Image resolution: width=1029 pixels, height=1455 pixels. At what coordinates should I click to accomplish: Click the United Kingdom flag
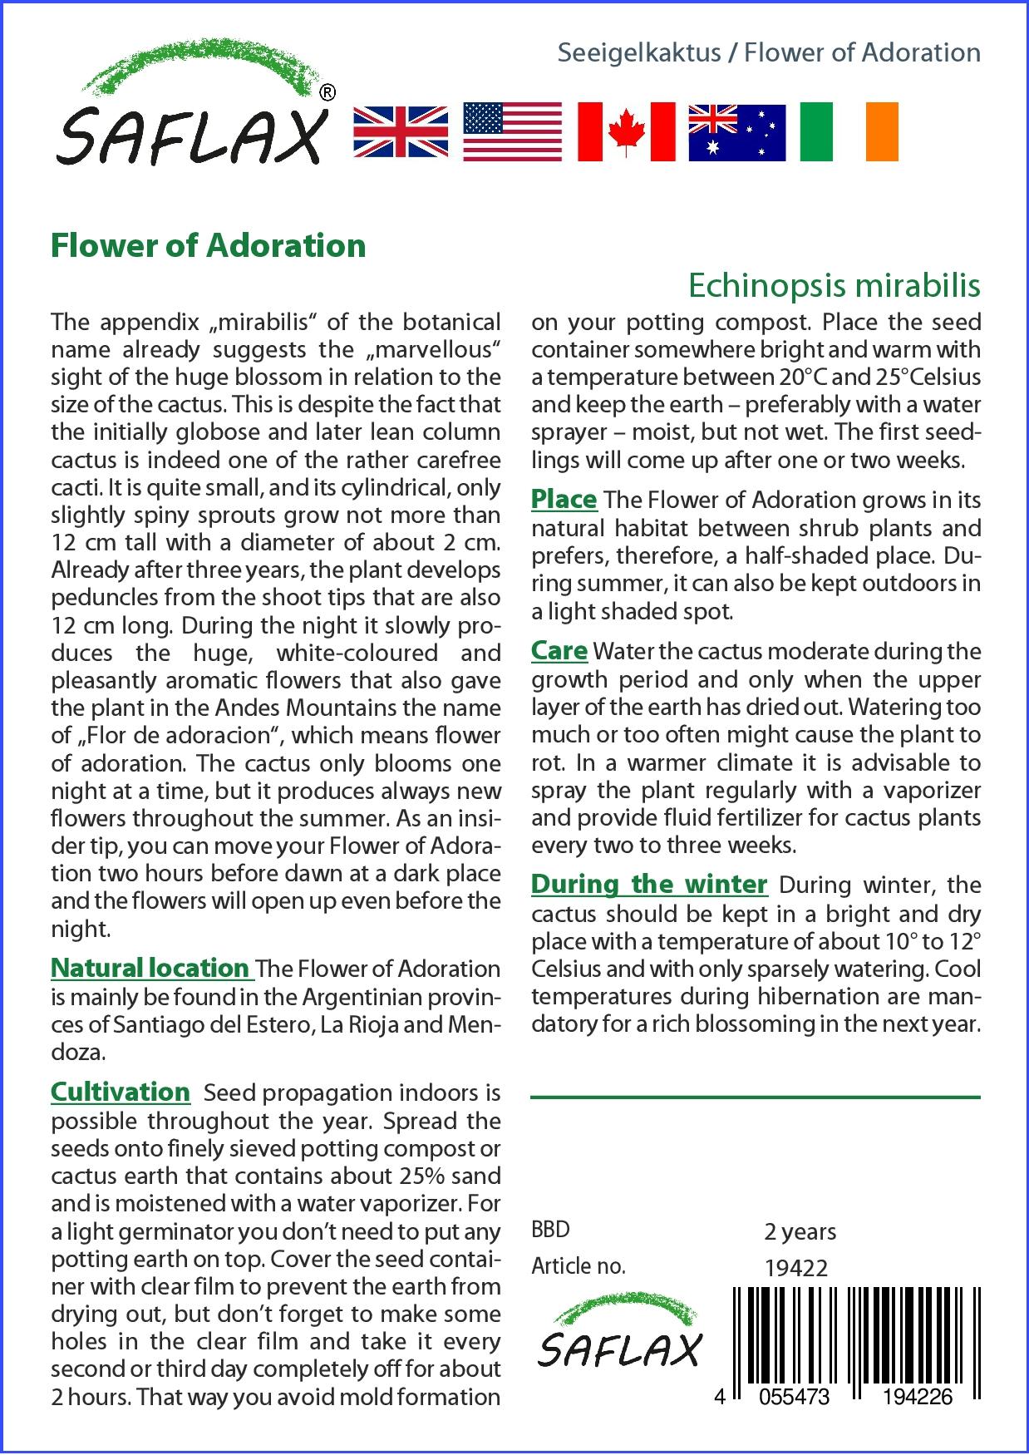[x=401, y=132]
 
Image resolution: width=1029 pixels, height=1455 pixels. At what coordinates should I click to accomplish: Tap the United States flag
[x=512, y=132]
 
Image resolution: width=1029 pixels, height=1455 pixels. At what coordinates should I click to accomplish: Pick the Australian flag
[x=736, y=132]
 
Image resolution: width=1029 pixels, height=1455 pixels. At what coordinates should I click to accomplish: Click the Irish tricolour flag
[x=849, y=132]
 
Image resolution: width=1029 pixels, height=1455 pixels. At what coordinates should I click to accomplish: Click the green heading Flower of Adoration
[x=209, y=245]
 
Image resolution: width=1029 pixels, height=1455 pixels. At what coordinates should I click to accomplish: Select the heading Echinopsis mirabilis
[x=834, y=285]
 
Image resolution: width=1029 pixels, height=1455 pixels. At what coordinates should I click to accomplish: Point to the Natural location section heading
[x=150, y=968]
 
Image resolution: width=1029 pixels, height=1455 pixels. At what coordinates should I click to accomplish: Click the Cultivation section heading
[x=121, y=1092]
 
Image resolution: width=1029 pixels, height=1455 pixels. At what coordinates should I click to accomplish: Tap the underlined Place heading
[x=564, y=500]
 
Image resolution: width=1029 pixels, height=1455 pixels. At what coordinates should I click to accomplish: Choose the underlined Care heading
[x=559, y=651]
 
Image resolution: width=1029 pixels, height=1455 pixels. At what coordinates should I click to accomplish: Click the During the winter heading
[x=648, y=884]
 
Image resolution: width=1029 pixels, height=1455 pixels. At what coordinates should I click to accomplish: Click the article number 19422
[x=795, y=1268]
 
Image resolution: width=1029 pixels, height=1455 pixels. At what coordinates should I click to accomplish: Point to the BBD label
[x=550, y=1230]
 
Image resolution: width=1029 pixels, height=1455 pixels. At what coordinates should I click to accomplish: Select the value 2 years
[x=800, y=1231]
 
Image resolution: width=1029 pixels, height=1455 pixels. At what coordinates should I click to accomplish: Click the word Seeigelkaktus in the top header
[x=638, y=53]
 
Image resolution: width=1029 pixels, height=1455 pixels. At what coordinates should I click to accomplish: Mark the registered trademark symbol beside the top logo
[x=327, y=93]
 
